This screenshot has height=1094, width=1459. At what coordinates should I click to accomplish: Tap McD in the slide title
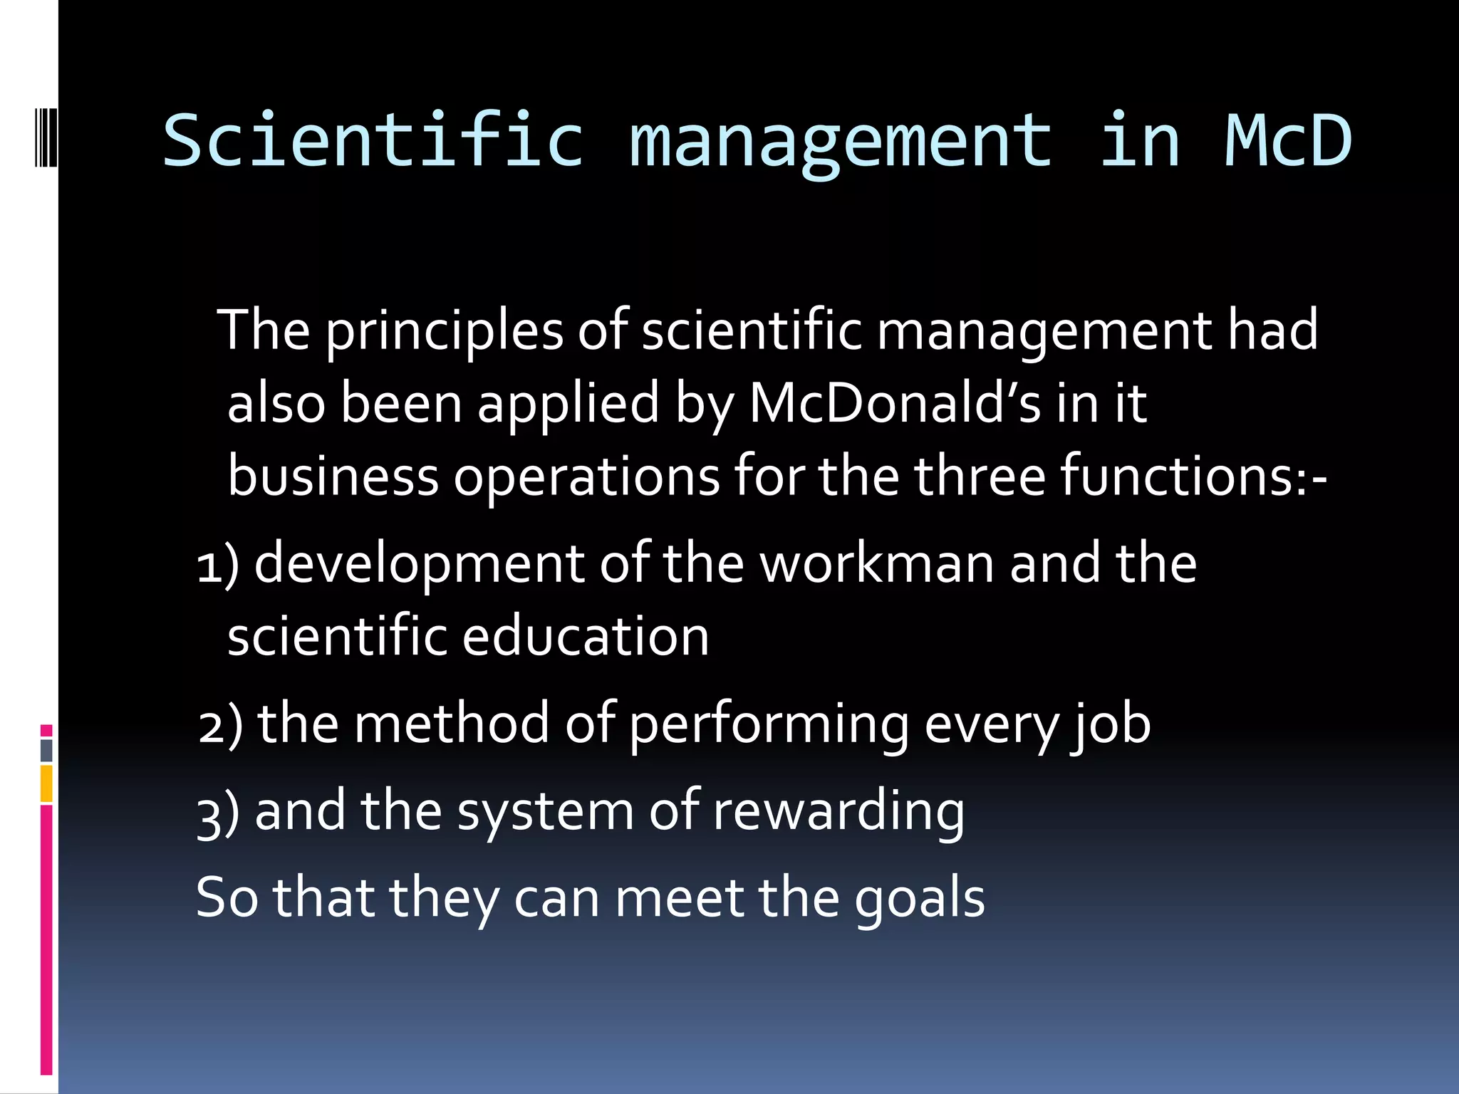(x=1288, y=140)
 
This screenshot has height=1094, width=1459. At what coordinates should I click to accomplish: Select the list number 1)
(x=217, y=565)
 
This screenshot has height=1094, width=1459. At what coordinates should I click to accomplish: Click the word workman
(x=877, y=563)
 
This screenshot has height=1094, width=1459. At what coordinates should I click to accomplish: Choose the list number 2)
(x=220, y=724)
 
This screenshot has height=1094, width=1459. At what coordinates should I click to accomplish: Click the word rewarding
(x=838, y=812)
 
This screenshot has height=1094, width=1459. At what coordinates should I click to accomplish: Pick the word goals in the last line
(x=920, y=899)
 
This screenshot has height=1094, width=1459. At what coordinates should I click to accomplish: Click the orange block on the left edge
(x=46, y=783)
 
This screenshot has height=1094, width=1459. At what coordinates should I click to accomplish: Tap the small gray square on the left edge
(x=46, y=750)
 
